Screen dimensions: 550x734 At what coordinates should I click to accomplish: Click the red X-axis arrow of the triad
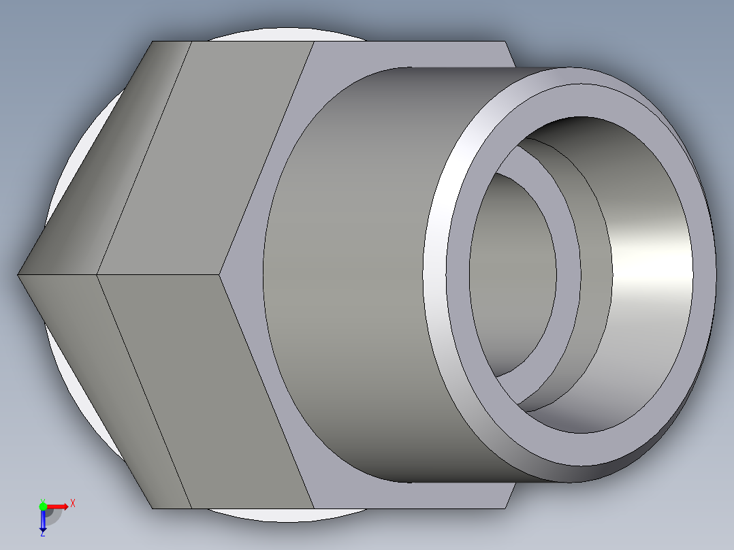pyautogui.click(x=59, y=506)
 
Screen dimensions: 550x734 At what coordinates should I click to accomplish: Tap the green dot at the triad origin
pyautogui.click(x=43, y=506)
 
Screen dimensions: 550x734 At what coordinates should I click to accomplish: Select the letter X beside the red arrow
pyautogui.click(x=72, y=504)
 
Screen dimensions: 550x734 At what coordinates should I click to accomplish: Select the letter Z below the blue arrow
pyautogui.click(x=42, y=534)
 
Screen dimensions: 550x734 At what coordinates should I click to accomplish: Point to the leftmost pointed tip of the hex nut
pyautogui.click(x=18, y=274)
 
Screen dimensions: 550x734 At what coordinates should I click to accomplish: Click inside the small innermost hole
pyautogui.click(x=511, y=272)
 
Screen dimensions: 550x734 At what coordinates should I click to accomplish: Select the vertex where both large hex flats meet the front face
pyautogui.click(x=221, y=274)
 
